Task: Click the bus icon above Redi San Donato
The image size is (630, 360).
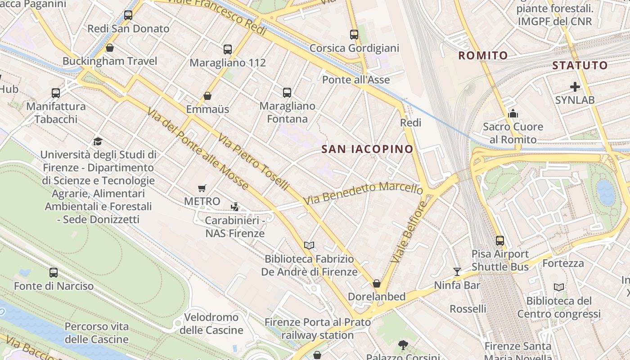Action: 128,15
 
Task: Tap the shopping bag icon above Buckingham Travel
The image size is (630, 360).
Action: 109,48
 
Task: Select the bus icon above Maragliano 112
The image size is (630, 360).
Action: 228,49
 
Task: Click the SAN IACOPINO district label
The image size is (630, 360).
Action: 367,149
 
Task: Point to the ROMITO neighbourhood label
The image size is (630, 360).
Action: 483,56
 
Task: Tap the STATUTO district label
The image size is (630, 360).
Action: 580,65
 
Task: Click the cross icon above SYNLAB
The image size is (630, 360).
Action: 575,87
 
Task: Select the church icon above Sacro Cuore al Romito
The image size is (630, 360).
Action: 513,113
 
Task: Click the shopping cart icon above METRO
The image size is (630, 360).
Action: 202,188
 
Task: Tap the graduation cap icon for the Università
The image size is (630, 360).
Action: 98,142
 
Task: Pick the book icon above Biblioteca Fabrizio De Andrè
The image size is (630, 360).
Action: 309,245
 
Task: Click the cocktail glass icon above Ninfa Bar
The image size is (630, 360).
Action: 457,271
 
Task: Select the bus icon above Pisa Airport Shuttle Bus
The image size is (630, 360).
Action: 500,241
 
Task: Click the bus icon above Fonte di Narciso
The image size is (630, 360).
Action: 54,273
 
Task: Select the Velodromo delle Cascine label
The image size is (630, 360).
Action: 211,324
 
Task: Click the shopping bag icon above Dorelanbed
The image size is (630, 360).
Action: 377,283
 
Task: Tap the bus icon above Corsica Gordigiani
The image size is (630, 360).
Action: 354,35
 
